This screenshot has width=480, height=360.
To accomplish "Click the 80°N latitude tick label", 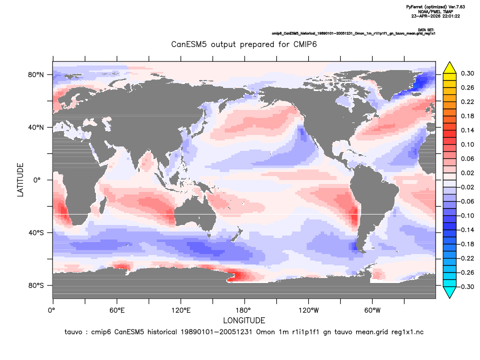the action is [36, 75].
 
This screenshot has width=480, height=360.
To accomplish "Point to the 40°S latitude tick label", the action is [36, 233].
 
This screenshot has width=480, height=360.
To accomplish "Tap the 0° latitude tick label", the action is [37, 180].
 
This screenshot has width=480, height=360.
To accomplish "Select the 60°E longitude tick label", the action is [117, 310].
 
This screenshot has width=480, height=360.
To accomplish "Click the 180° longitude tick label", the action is [245, 310].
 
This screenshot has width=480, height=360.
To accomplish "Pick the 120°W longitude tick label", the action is [309, 310].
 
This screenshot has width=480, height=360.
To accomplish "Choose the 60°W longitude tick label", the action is [373, 310].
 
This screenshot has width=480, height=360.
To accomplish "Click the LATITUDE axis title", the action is [20, 180].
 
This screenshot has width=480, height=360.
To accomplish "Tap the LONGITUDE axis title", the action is [244, 320].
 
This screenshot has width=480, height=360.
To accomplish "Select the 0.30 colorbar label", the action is [468, 73].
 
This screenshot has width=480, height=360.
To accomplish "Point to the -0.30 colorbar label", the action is [466, 287].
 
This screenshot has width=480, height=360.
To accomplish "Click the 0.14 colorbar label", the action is [468, 130].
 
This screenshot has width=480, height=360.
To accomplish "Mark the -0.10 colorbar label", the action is [466, 215].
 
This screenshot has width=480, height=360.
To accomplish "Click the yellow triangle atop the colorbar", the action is [450, 68].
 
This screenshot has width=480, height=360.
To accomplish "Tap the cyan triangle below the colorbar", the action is [450, 292].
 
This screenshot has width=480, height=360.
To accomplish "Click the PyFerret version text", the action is [436, 6].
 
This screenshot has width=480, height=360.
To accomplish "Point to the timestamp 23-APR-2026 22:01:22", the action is [436, 16].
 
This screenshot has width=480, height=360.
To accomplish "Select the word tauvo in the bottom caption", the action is [73, 332].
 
